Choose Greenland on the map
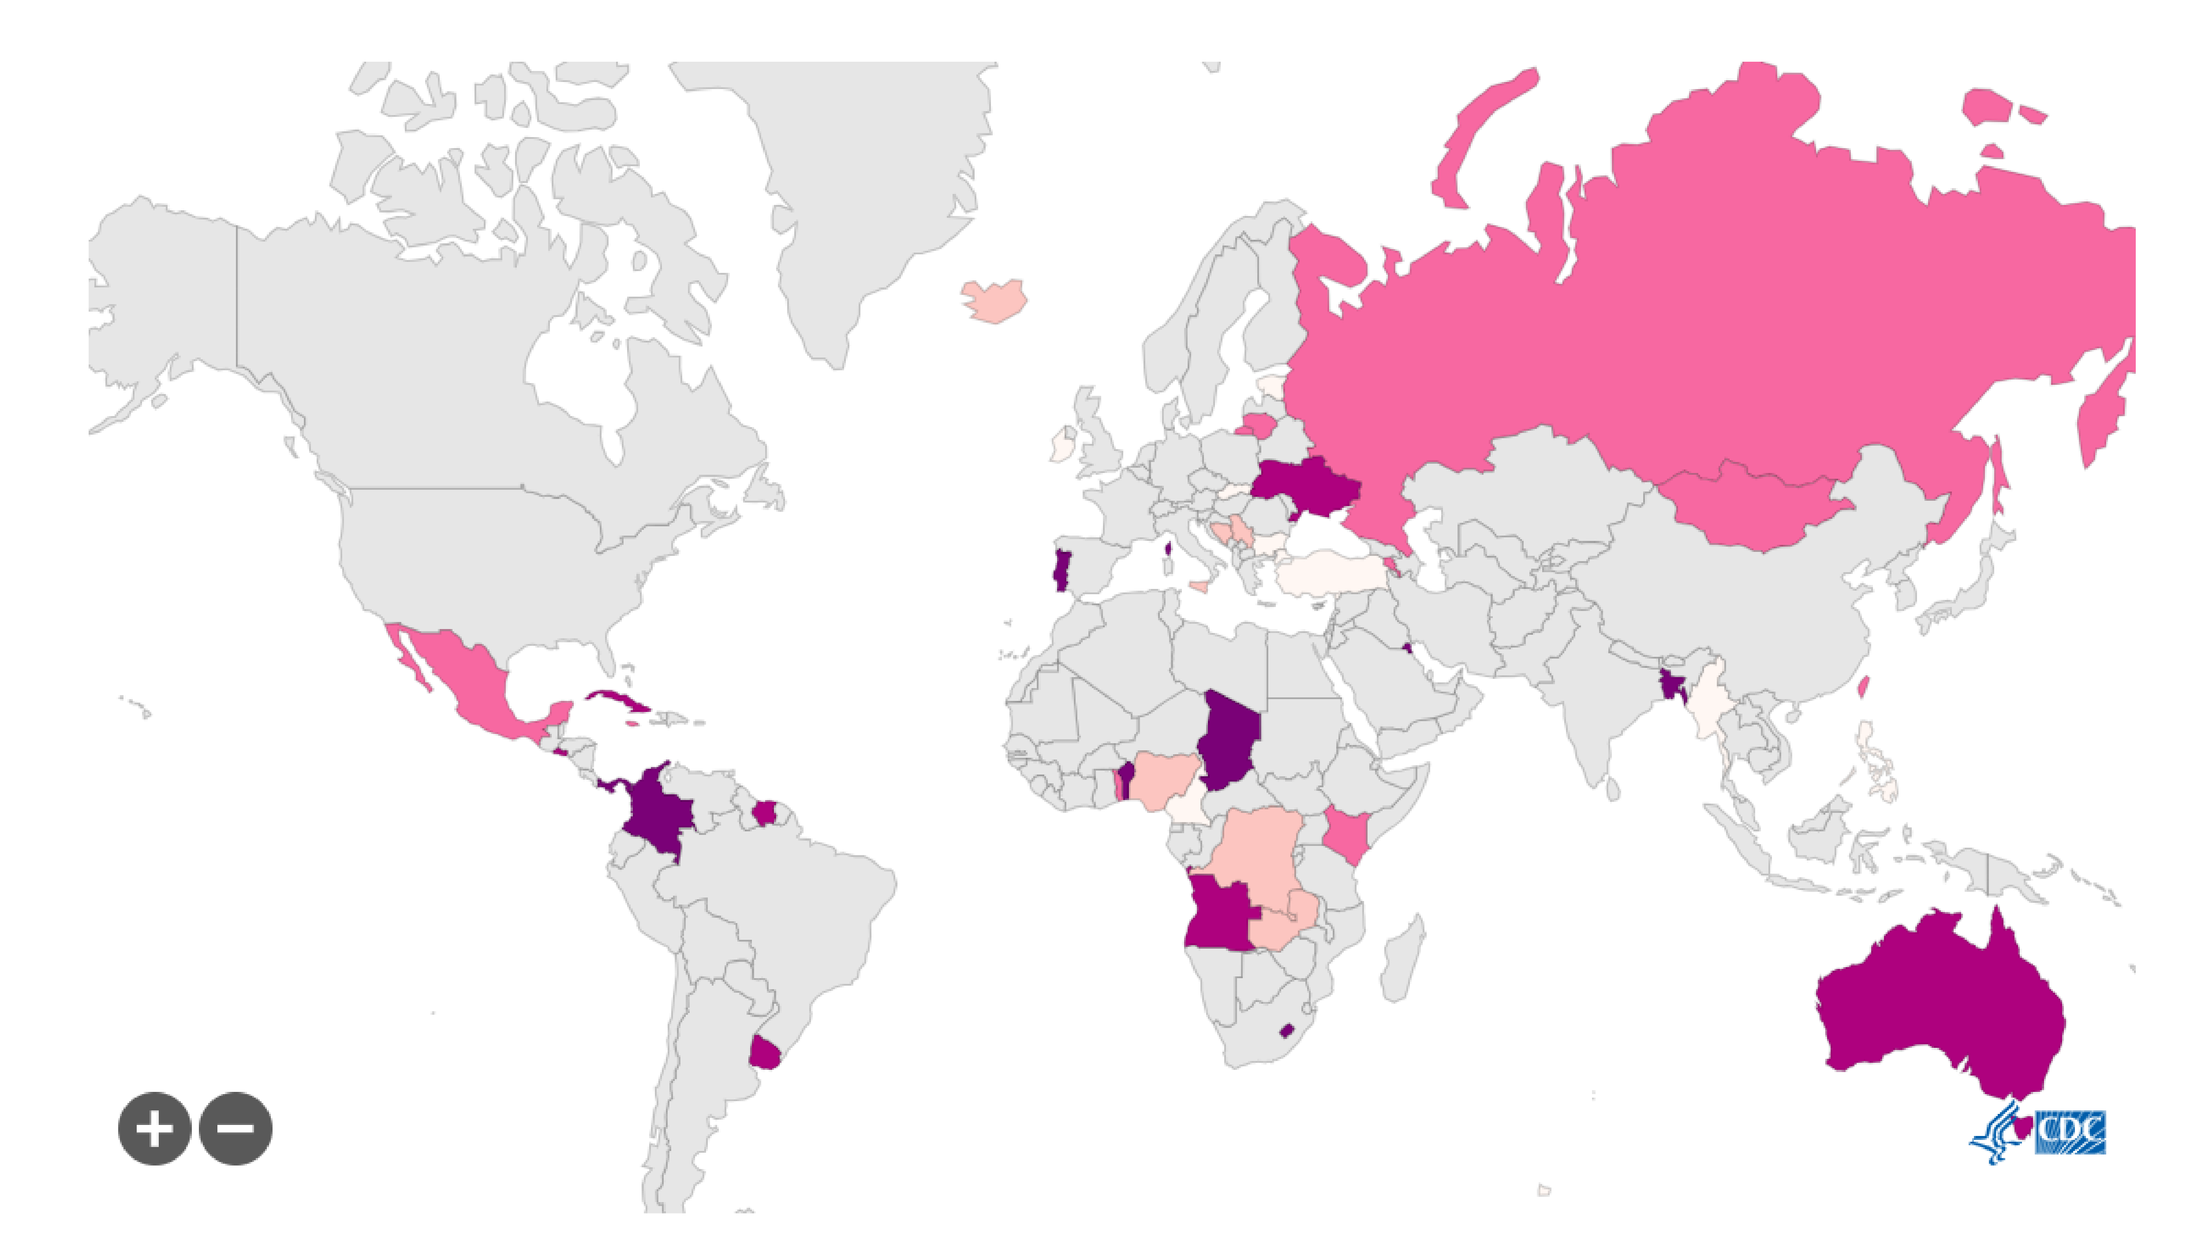tap(864, 188)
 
